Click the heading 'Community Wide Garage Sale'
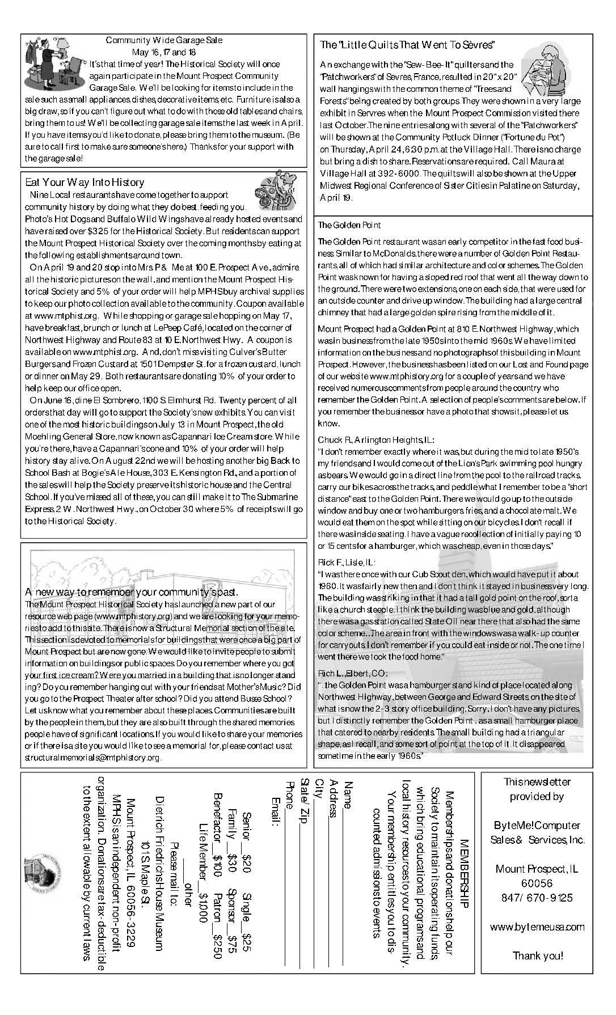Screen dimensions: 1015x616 coord(164,40)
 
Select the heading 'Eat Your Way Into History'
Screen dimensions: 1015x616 coord(85,183)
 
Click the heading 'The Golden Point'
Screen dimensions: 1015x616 coord(349,225)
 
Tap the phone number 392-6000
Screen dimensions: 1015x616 coord(399,174)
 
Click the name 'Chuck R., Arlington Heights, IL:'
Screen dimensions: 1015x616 coord(376,439)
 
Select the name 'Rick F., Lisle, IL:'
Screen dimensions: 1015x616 coord(346,563)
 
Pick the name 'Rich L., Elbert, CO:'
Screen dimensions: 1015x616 coord(352,673)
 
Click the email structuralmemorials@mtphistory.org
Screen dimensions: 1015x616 coord(92,757)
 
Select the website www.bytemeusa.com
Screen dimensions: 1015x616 coord(537,927)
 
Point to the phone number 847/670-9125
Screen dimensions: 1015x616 coord(537,898)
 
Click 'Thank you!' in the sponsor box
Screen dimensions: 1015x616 coord(538,955)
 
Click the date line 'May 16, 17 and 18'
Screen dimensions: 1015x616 coord(164,52)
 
